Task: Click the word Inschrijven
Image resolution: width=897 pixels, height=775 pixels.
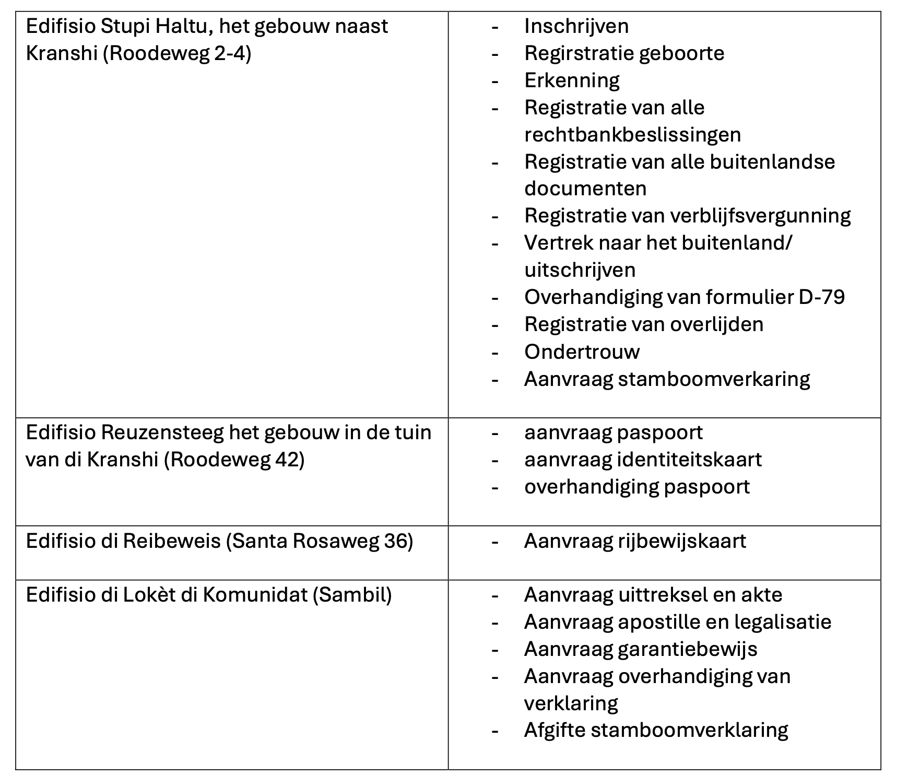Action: point(576,26)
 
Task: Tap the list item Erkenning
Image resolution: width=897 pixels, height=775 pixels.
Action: point(572,80)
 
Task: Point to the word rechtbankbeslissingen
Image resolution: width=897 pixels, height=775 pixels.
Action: point(632,135)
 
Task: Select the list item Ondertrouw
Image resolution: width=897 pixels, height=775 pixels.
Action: point(582,351)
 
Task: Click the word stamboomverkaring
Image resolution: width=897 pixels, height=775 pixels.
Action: point(714,379)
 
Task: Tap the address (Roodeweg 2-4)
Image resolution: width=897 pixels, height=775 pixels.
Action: point(177,54)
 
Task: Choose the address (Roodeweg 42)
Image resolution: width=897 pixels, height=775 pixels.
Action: point(234,460)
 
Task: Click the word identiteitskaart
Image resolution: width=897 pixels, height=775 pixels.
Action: point(689,460)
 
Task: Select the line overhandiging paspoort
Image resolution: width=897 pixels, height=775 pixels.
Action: point(637,487)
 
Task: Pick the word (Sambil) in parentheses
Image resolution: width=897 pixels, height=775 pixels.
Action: point(352,595)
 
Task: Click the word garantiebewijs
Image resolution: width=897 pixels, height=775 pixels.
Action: point(687,650)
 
